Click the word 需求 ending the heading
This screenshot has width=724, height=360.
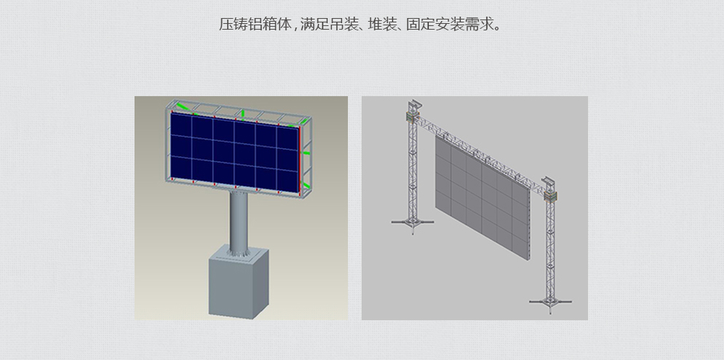tap(479, 24)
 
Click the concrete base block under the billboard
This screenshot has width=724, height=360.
tap(238, 283)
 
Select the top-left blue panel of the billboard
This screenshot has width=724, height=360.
tap(181, 124)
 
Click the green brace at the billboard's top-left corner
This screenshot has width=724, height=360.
tap(183, 108)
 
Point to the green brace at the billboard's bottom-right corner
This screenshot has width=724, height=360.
tap(304, 185)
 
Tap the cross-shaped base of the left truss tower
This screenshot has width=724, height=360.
tap(412, 223)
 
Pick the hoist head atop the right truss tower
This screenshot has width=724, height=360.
tap(550, 189)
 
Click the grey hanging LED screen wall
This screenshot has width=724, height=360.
tap(482, 197)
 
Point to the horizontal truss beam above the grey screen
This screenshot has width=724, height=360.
tap(480, 150)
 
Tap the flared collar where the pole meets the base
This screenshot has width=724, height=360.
tap(239, 252)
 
